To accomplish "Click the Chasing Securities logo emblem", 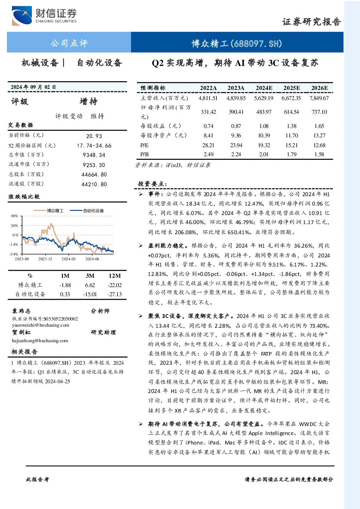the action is (x=22, y=16).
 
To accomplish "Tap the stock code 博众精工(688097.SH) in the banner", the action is (x=237, y=43).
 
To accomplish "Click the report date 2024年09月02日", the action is (x=33, y=87).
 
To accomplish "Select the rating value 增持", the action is (x=88, y=102).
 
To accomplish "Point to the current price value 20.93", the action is (x=94, y=136).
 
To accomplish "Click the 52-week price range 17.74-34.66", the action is (x=94, y=145).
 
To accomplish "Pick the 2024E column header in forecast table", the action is (x=264, y=88).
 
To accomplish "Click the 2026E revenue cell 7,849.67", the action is (x=319, y=98).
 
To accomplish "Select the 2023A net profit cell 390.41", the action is (x=236, y=112).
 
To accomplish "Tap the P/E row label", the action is (x=145, y=145).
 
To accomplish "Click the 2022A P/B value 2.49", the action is (x=208, y=154).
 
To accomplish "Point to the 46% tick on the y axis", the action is (x=15, y=216).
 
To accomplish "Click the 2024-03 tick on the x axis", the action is (x=69, y=259).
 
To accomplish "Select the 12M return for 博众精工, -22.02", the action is (x=115, y=285).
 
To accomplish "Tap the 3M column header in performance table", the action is (x=90, y=276).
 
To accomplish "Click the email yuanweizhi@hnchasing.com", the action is (x=41, y=325).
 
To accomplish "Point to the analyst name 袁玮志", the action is (x=21, y=311).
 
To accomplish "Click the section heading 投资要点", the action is (x=152, y=183).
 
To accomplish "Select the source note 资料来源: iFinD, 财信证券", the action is (x=173, y=165).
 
